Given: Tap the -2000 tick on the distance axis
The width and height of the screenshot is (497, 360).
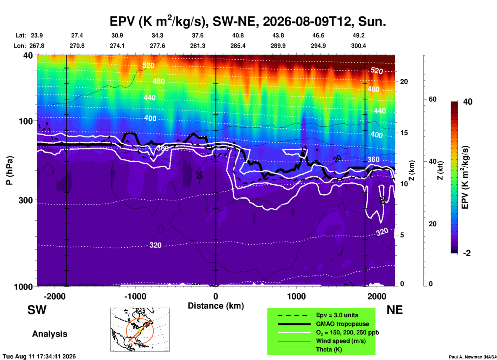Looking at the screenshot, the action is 54,296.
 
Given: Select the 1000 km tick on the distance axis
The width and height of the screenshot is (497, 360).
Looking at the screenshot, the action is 296,296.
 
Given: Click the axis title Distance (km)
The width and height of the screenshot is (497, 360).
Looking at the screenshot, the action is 216,306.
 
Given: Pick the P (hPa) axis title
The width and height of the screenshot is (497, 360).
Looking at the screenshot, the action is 10,170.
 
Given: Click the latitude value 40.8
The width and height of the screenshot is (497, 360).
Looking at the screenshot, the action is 238,35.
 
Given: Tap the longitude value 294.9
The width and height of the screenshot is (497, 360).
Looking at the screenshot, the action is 318,46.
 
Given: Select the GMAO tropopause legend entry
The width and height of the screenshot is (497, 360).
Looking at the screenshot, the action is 342,324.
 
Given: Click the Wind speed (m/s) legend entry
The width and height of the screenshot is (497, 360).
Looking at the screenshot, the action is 341,341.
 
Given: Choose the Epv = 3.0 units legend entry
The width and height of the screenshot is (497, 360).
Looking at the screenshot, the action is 337,315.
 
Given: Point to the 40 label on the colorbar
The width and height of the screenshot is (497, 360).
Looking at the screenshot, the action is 468,102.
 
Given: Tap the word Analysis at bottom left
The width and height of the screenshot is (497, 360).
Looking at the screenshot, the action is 50,334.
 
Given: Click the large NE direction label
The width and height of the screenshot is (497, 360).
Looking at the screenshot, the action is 395,310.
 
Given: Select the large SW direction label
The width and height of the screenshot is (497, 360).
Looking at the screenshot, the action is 37,310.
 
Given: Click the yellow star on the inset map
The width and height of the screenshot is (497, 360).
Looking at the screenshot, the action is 140,331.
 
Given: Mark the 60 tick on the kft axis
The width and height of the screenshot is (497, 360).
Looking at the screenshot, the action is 432,99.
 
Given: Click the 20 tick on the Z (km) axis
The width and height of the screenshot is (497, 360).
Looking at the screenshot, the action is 404,82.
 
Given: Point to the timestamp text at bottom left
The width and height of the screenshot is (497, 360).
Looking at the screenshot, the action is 39,356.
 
